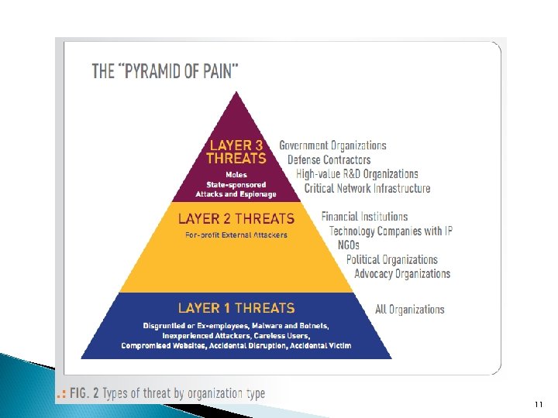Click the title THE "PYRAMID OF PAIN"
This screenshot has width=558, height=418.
pyautogui.click(x=165, y=71)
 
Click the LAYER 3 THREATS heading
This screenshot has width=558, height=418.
pyautogui.click(x=236, y=152)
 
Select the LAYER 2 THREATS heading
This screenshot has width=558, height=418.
pyautogui.click(x=236, y=219)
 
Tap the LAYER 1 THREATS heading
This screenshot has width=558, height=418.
pyautogui.click(x=236, y=308)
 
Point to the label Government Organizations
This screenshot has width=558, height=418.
pyautogui.click(x=332, y=146)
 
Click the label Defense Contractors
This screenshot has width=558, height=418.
pyautogui.click(x=329, y=159)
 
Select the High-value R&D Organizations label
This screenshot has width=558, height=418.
pyautogui.click(x=357, y=174)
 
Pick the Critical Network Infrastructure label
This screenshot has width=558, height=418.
pyautogui.click(x=367, y=188)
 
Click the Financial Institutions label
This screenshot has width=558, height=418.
pyautogui.click(x=364, y=217)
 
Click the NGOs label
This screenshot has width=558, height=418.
pyautogui.click(x=349, y=245)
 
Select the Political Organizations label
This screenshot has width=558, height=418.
pyautogui.click(x=392, y=259)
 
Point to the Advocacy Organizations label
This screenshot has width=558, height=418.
pyautogui.click(x=402, y=273)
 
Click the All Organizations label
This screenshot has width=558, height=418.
pyautogui.click(x=410, y=310)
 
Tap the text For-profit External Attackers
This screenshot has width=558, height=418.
pyautogui.click(x=236, y=235)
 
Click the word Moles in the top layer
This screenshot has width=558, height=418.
pyautogui.click(x=236, y=175)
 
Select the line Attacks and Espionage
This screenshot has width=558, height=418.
pyautogui.click(x=236, y=194)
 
